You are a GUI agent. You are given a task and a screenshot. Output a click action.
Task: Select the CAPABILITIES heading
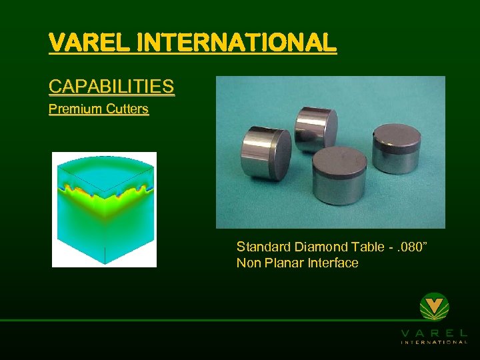point(111,87)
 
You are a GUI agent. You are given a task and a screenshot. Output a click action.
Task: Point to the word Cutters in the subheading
point(127,109)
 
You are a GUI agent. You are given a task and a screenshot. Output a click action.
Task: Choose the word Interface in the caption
point(332,263)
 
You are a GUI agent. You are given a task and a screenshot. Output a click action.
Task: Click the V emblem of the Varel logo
point(434,307)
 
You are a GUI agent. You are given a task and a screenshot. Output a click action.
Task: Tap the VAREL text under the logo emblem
point(434,332)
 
